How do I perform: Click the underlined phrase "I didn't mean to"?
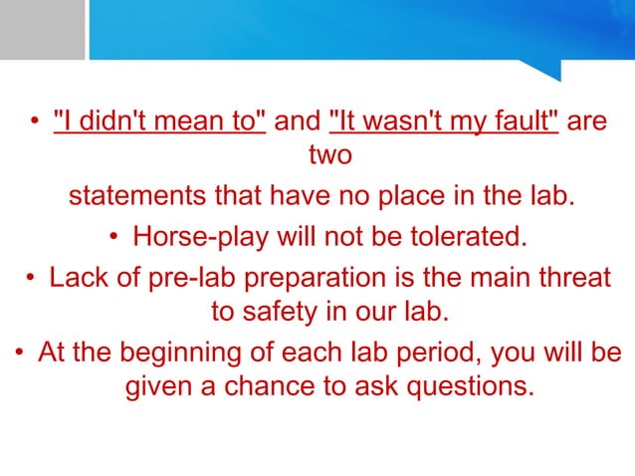click(x=159, y=121)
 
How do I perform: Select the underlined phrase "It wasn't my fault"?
click(x=443, y=121)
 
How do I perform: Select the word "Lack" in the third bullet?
click(x=76, y=276)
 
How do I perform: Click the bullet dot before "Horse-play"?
click(x=115, y=237)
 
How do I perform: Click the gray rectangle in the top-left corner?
click(x=42, y=29)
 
